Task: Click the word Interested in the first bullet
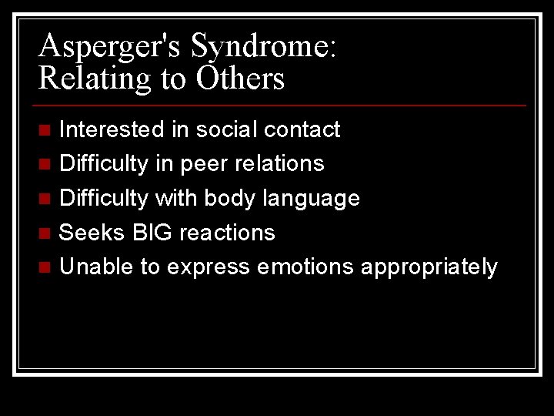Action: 112,129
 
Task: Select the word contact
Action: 302,129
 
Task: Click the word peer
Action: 205,163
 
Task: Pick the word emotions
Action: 307,267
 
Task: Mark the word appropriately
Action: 429,268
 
